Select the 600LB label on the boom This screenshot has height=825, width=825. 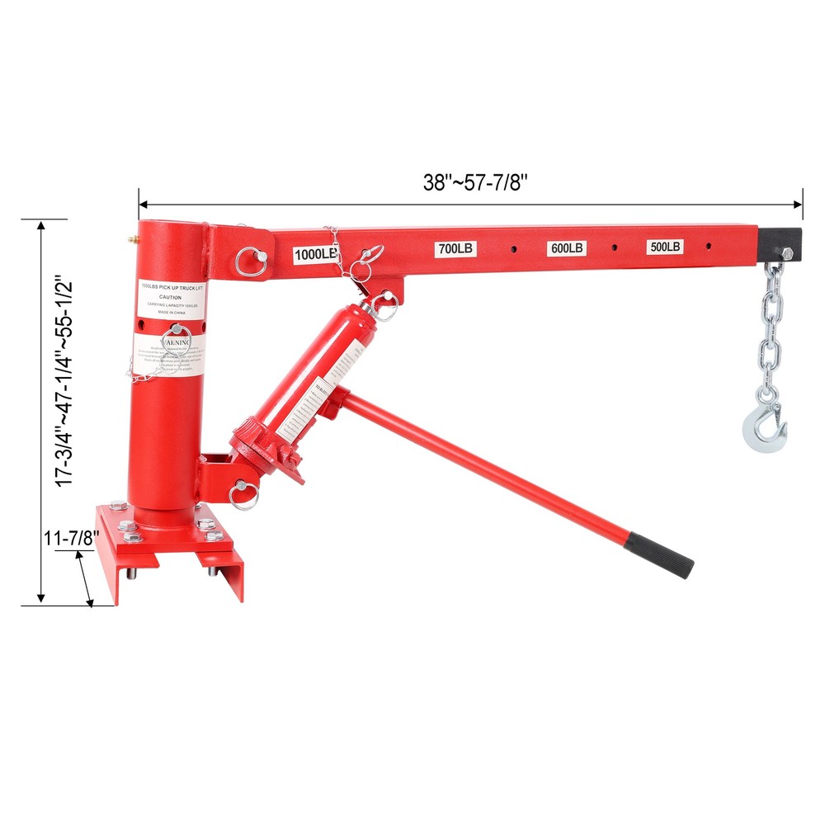tap(567, 247)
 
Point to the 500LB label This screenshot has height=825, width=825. tap(665, 247)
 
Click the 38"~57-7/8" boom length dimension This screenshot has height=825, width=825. tap(474, 183)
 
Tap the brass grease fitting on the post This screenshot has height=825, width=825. tap(130, 240)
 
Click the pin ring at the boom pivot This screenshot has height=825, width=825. tap(249, 261)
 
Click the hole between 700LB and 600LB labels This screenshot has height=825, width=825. tap(513, 247)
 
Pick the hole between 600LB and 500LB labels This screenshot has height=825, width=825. tap(615, 246)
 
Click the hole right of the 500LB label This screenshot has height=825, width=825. tap(709, 245)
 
